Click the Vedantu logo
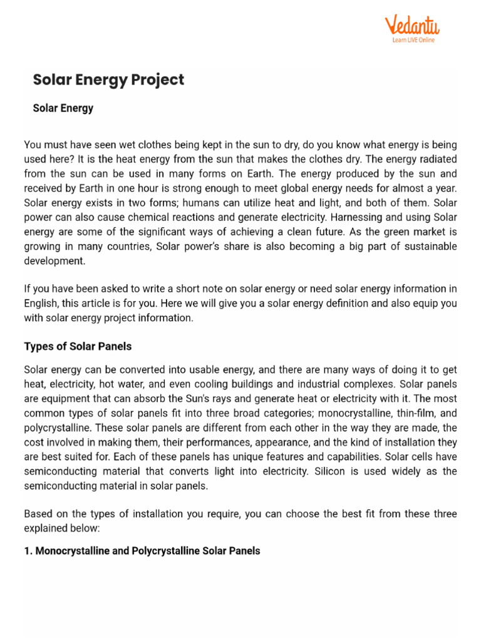pyautogui.click(x=411, y=26)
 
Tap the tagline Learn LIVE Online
pyautogui.click(x=413, y=40)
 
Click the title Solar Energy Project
pyautogui.click(x=108, y=80)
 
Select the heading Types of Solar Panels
pyautogui.click(x=78, y=346)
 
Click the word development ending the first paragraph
pyautogui.click(x=54, y=260)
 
